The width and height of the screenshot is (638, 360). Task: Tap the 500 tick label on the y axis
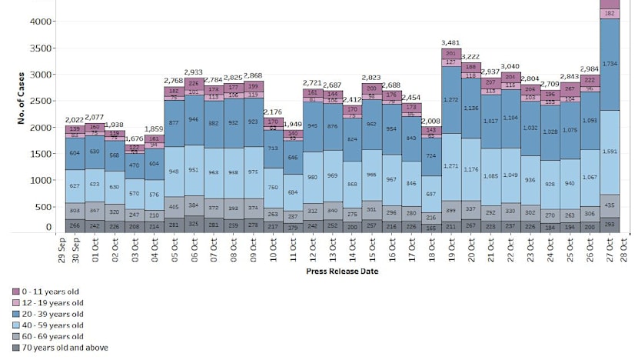45,206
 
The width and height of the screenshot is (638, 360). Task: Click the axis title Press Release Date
342,271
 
